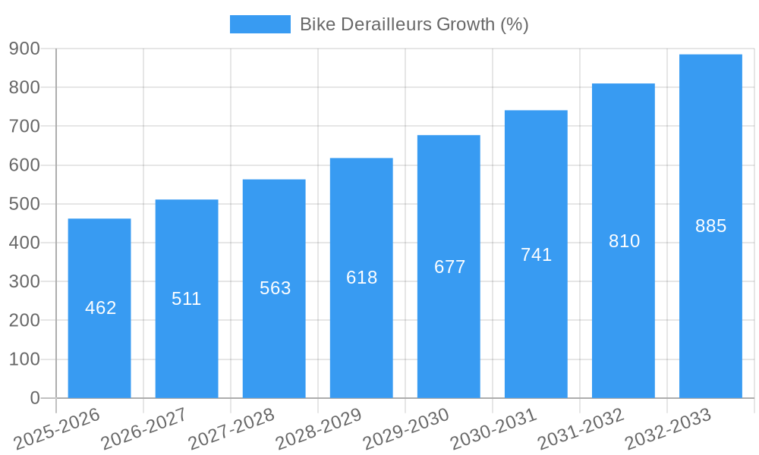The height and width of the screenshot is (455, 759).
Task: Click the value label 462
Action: (x=100, y=308)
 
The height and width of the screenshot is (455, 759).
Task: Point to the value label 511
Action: (x=187, y=299)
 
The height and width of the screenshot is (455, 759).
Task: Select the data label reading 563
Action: (x=275, y=288)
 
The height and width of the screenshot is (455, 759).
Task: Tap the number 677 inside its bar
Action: (x=449, y=267)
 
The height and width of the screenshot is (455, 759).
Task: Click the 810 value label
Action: (x=624, y=241)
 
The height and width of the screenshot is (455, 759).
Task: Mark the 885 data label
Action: (x=710, y=226)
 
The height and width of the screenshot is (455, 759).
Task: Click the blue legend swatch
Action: (x=260, y=24)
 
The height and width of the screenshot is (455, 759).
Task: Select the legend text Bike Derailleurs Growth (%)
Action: (x=414, y=24)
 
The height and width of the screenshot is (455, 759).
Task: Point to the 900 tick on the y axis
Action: (x=24, y=49)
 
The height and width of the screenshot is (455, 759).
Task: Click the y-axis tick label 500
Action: (x=24, y=204)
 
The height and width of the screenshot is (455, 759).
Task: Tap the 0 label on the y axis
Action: (x=34, y=398)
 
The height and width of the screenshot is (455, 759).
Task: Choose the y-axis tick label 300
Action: (x=24, y=281)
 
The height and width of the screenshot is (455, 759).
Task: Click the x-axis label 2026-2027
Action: (x=144, y=429)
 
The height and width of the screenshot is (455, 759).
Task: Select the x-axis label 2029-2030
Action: (x=406, y=429)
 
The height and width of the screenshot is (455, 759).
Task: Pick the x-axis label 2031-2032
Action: (x=581, y=429)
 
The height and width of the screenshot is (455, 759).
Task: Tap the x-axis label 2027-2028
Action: (x=231, y=429)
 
